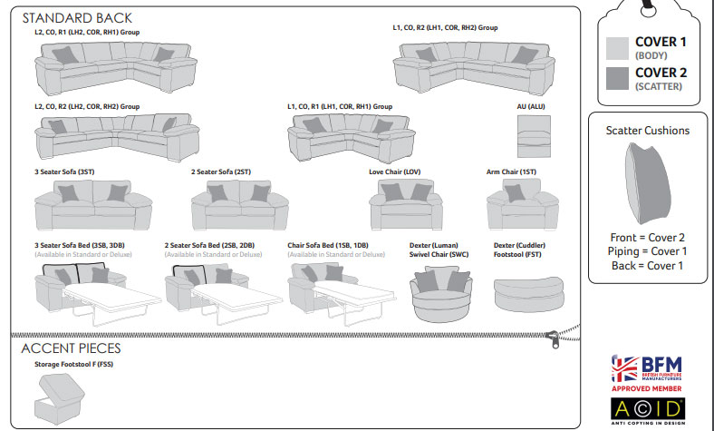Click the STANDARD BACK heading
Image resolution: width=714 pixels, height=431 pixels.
[77, 18]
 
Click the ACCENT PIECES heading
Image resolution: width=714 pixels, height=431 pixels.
[71, 348]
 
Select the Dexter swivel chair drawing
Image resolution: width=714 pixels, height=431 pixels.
[439, 292]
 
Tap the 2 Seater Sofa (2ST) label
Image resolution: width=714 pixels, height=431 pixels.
[221, 171]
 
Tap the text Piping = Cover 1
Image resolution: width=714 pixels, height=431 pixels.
[647, 251]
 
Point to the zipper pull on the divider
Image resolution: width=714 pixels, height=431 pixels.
[551, 338]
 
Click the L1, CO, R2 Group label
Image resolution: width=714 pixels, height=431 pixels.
[445, 28]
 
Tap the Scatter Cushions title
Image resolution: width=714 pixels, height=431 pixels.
[647, 131]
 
